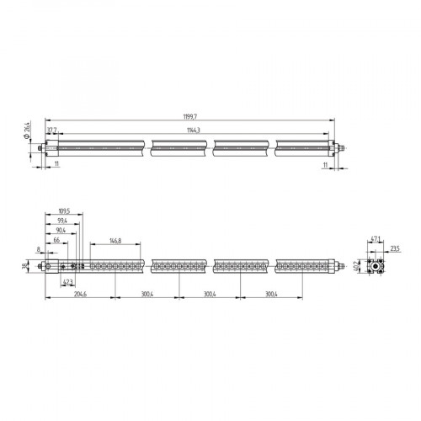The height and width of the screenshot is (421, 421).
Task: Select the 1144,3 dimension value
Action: (200, 129)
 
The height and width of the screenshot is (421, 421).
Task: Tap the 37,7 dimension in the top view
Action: (51, 130)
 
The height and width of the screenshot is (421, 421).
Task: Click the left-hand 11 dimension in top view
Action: (57, 167)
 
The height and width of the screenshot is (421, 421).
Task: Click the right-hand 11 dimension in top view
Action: (324, 167)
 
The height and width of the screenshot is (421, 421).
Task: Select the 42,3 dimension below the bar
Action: (68, 282)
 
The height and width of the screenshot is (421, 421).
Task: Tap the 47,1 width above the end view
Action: (376, 239)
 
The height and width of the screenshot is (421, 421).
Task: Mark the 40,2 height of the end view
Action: (356, 267)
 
